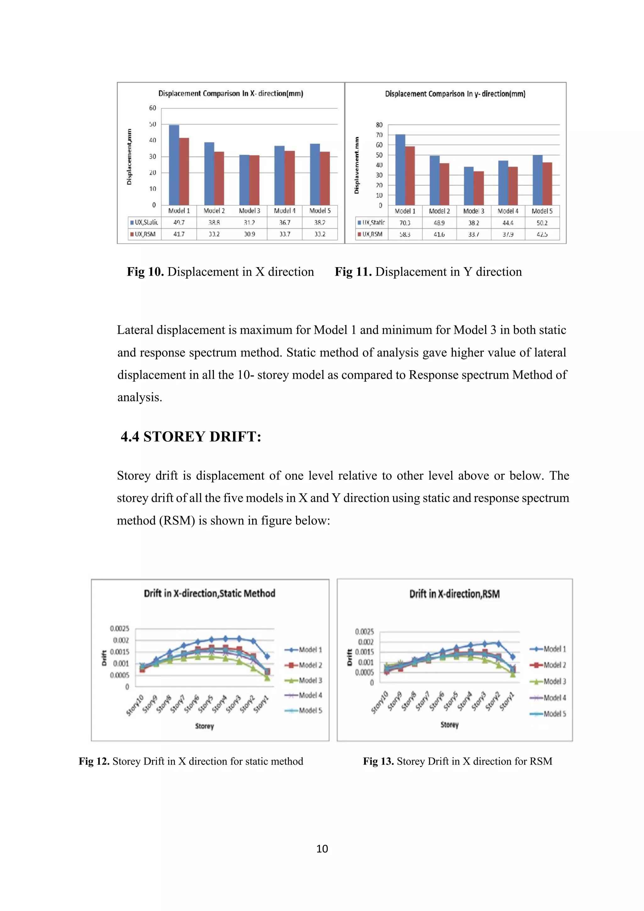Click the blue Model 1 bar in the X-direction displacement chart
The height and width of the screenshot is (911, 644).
point(174,165)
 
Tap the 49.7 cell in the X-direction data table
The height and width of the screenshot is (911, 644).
point(179,223)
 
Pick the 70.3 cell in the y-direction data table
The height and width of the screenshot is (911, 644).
point(405,223)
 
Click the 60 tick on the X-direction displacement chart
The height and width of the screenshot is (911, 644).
point(153,108)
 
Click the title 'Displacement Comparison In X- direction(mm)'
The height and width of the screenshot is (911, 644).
point(230,94)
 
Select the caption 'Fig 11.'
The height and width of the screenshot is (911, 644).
point(353,272)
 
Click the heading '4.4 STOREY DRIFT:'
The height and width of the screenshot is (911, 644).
point(191,436)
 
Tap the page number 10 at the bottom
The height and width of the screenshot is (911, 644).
point(322,849)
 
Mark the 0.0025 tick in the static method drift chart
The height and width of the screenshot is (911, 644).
point(119,628)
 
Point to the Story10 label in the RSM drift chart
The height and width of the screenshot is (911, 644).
point(379,702)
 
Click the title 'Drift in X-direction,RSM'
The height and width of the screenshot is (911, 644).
point(454,594)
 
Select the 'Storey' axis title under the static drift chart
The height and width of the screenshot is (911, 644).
point(204,726)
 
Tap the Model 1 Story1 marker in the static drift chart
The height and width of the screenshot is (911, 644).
point(267,657)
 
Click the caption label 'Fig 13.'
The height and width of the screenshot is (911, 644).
point(378,761)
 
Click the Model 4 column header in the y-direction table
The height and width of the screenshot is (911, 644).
point(508,211)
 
